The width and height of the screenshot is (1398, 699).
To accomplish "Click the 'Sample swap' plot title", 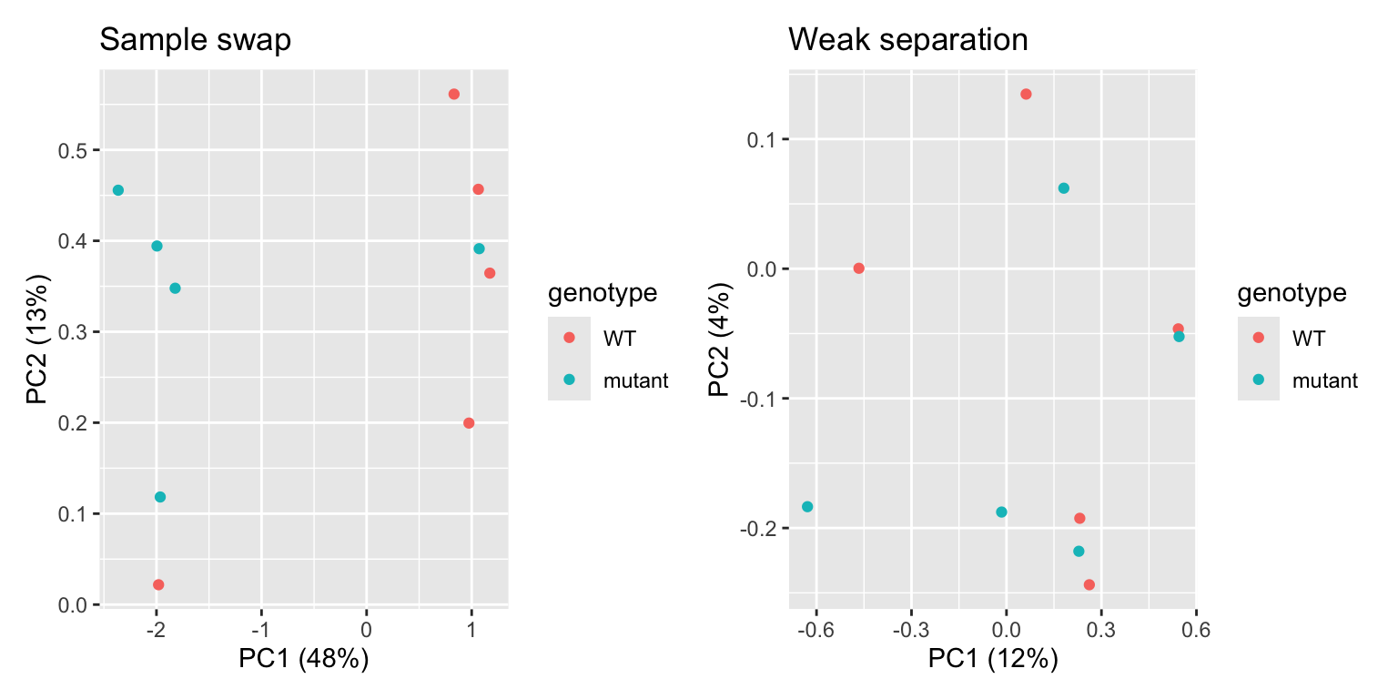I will click(x=195, y=40).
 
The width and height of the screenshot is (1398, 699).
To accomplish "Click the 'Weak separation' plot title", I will click(x=907, y=40).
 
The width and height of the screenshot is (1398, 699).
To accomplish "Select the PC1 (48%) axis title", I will click(x=303, y=659).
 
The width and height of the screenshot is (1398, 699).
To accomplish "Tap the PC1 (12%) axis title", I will click(x=993, y=659).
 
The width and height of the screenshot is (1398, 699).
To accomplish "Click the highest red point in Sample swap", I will click(x=454, y=95).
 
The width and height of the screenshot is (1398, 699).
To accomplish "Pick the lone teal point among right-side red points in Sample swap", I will click(x=479, y=248).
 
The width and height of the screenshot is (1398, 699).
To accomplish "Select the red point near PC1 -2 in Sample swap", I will click(x=158, y=584).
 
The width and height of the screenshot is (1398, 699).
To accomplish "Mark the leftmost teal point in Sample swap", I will click(x=118, y=190).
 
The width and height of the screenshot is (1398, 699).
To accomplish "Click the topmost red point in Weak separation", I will click(x=1026, y=94).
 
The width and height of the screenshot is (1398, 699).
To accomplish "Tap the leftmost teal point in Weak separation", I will click(x=807, y=507).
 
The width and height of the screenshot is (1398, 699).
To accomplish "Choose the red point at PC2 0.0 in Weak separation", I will click(x=858, y=268).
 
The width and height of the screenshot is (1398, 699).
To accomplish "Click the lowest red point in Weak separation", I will click(x=1089, y=584).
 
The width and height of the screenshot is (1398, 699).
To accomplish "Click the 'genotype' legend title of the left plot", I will click(x=602, y=293).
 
